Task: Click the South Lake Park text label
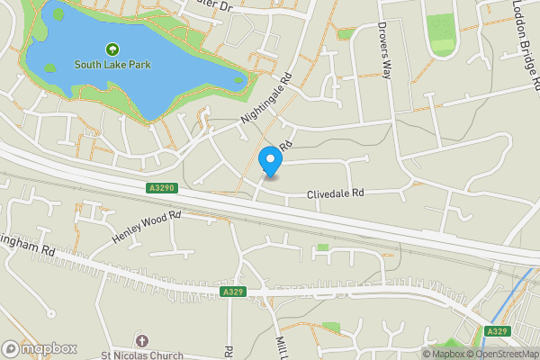point(112,65)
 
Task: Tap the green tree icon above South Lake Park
point(112,49)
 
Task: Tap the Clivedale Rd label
point(335,193)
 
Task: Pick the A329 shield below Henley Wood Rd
point(231,292)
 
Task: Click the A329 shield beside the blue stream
point(498,331)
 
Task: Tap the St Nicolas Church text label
point(141,354)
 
